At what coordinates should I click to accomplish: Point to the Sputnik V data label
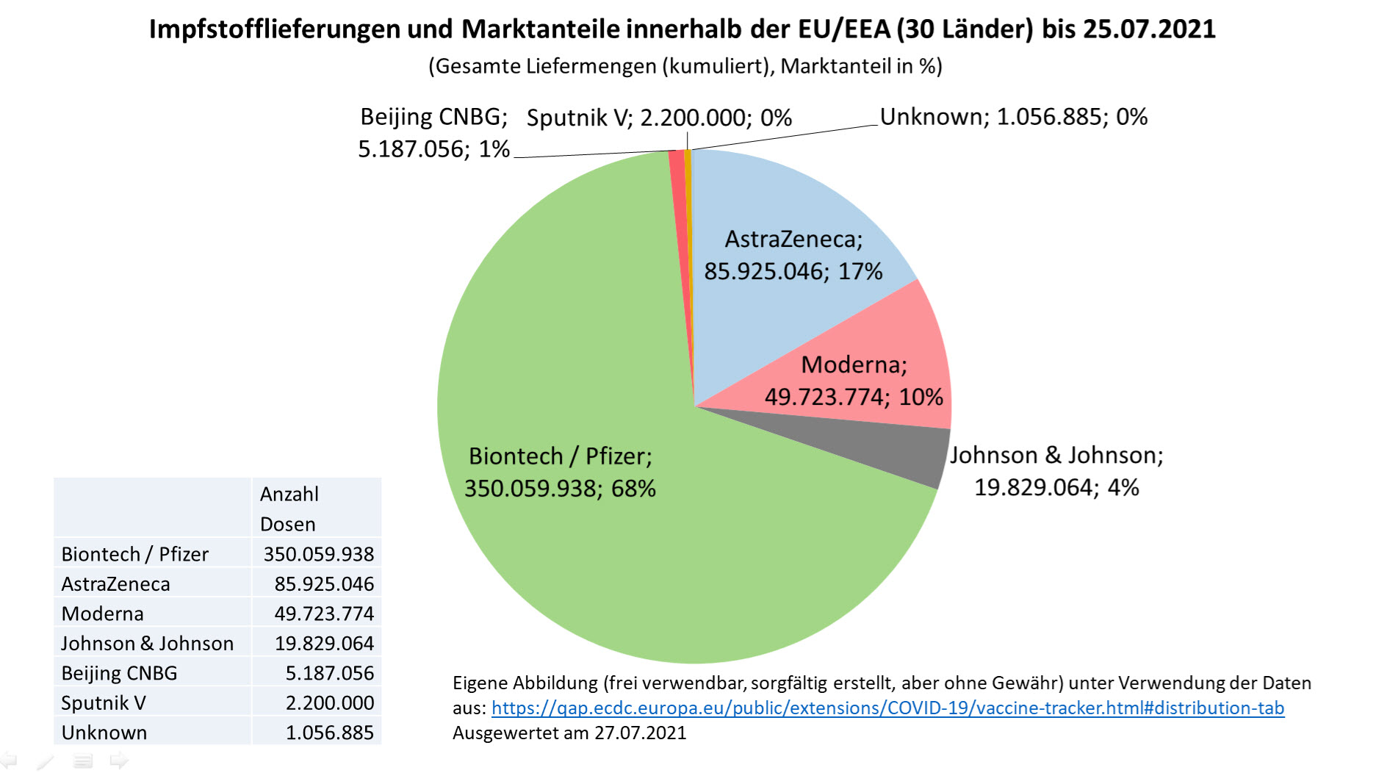(x=659, y=118)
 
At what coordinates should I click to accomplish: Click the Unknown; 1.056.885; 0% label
(x=1013, y=117)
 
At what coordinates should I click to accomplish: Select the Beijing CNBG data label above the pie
(x=433, y=133)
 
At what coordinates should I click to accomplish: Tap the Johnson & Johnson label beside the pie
(x=1056, y=471)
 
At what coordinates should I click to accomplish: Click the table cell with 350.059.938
(x=318, y=554)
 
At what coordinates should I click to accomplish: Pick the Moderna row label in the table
(x=103, y=614)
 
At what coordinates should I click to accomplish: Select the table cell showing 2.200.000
(x=329, y=703)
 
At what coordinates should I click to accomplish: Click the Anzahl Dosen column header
(x=289, y=508)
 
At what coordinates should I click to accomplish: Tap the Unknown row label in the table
(x=104, y=733)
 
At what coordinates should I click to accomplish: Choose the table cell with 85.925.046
(x=323, y=584)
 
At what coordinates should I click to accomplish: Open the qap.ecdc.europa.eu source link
(x=887, y=708)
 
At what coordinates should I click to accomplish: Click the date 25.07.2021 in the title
(x=1149, y=29)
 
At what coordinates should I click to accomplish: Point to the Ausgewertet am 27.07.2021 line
(x=569, y=733)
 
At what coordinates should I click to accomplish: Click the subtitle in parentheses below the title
(x=685, y=66)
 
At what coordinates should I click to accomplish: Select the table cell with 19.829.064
(x=324, y=644)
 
